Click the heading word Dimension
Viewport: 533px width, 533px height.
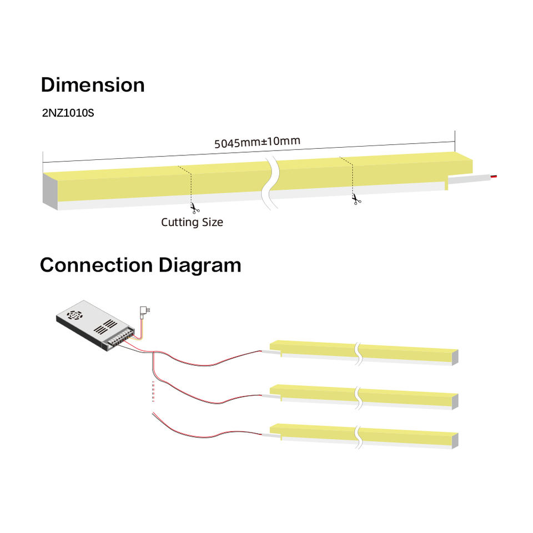pyautogui.click(x=93, y=85)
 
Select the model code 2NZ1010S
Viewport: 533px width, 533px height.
pyautogui.click(x=68, y=113)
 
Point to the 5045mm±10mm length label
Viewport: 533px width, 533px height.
pyautogui.click(x=257, y=141)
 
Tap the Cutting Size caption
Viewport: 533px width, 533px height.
pyautogui.click(x=192, y=222)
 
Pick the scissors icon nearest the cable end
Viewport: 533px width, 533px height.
pyautogui.click(x=356, y=198)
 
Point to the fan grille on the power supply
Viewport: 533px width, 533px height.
pyautogui.click(x=74, y=314)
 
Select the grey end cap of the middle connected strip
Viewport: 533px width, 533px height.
pyautogui.click(x=455, y=401)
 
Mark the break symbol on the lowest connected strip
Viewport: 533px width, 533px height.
pyautogui.click(x=358, y=436)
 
